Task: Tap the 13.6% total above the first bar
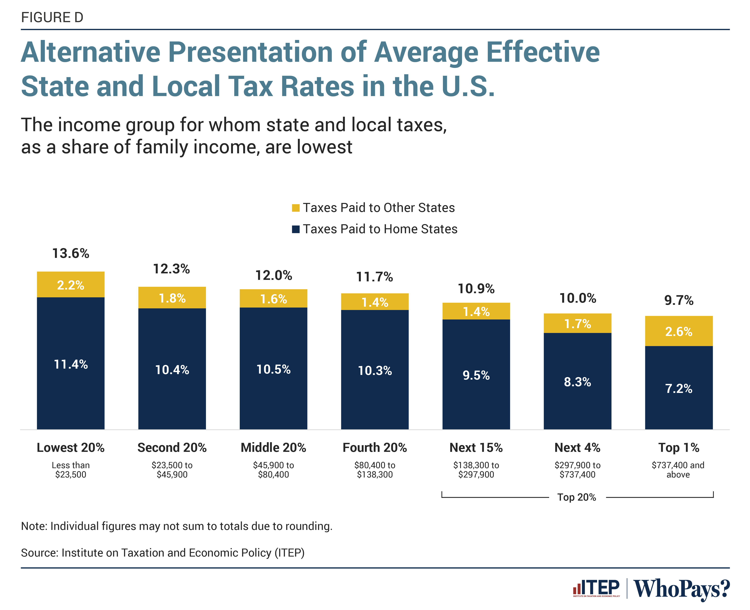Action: tap(71, 253)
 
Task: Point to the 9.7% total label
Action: tap(679, 301)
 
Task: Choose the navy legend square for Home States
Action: tap(296, 229)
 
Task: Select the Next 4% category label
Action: tap(577, 448)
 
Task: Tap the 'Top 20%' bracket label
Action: tap(577, 497)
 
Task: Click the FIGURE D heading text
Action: tap(52, 17)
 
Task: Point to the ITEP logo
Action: tap(596, 588)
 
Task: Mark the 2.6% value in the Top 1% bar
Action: tap(679, 331)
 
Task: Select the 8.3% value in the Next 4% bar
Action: tap(577, 382)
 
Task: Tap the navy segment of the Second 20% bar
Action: tap(172, 369)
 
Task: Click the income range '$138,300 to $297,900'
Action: tap(476, 470)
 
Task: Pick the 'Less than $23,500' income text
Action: tap(71, 470)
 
